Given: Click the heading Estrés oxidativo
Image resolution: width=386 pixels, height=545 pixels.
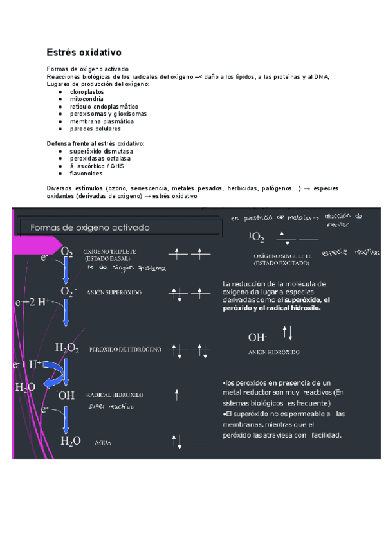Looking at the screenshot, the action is tap(84, 51).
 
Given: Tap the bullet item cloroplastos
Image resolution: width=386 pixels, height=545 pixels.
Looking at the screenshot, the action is tap(87, 92).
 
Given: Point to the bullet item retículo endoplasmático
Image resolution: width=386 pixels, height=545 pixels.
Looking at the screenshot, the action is tap(104, 107).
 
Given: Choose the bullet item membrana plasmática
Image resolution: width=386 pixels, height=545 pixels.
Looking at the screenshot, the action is tap(102, 121).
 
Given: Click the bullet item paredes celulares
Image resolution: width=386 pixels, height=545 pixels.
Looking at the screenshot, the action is tap(95, 129).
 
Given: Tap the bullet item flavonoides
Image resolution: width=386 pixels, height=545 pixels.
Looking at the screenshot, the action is tap(87, 173).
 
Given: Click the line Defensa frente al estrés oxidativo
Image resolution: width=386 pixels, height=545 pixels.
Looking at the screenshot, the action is tap(95, 143).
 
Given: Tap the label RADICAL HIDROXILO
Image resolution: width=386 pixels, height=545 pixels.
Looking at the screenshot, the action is tap(115, 394).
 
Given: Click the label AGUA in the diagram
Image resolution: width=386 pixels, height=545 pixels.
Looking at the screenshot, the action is tap(103, 442).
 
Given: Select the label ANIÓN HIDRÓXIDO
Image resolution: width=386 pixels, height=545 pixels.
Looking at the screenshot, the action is tap(273, 352).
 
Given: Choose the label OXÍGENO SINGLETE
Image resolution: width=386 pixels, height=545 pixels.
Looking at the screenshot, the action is tap(282, 256).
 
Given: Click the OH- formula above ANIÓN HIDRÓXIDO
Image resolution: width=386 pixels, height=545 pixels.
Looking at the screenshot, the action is tap(257, 337).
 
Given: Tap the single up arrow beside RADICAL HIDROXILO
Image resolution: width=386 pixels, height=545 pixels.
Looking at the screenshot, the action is tap(177, 395).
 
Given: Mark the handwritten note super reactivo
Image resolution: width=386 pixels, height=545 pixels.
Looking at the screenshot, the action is tap(111, 406).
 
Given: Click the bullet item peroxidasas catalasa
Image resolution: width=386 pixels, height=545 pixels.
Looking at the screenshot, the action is tap(100, 158).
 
